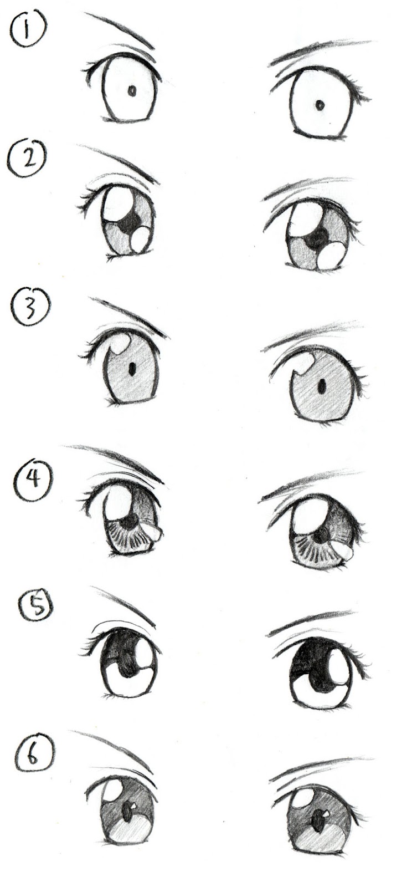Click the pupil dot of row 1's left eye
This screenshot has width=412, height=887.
tap(132, 91)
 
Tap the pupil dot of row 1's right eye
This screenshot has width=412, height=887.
tap(320, 105)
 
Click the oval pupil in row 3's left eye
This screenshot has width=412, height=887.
tap(132, 368)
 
